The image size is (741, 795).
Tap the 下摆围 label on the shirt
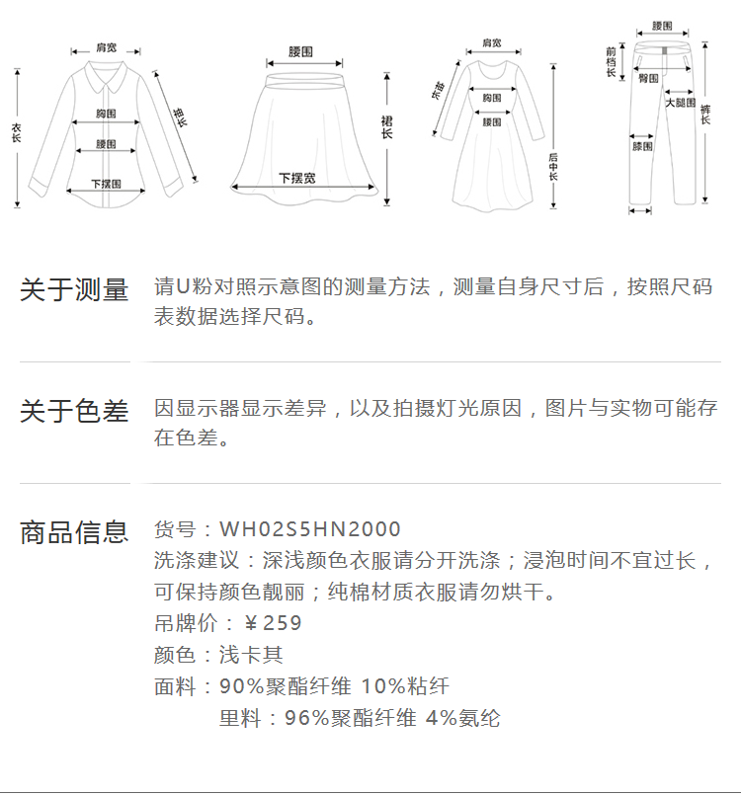(x=107, y=184)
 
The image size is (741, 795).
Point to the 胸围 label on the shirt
(x=107, y=115)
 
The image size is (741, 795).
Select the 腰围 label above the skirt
(x=301, y=51)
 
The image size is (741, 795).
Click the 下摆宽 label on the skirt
(x=297, y=179)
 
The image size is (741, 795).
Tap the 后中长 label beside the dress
(x=553, y=169)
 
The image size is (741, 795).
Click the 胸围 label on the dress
(x=491, y=98)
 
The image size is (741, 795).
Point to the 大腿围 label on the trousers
(x=680, y=103)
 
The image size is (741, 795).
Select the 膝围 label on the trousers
(x=642, y=146)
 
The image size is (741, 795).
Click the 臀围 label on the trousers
(x=649, y=78)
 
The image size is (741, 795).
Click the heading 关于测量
(x=74, y=290)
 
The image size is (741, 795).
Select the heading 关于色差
(x=74, y=412)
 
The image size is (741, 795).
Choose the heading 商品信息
(x=74, y=532)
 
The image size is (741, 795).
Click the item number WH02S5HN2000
(x=310, y=530)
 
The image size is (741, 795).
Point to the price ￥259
(x=273, y=623)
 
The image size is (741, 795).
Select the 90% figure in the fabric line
(x=241, y=686)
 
